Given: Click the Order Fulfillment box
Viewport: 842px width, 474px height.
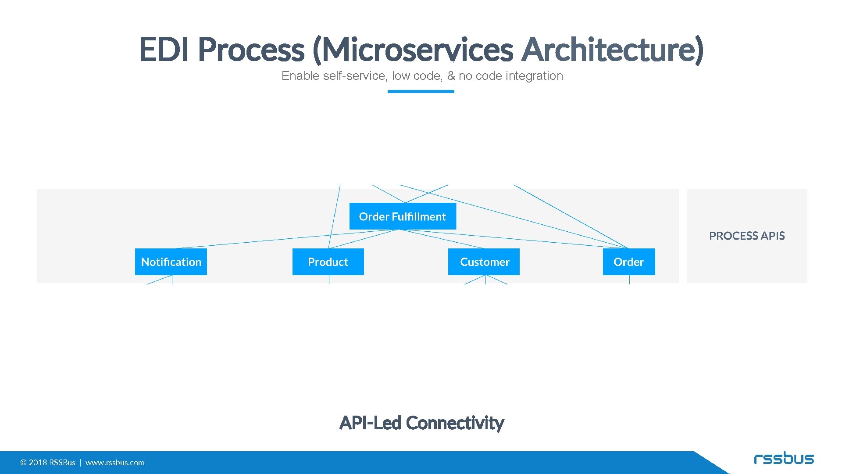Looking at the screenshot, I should coord(403,216).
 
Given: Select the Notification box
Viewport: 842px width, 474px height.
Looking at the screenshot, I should coord(171,262).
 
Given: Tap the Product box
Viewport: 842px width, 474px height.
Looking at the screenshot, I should coord(328,262).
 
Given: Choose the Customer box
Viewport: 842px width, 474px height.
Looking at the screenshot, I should coord(484,262).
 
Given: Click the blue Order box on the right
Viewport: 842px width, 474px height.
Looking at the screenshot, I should coord(628,262).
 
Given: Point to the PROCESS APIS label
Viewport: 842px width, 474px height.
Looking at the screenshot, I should coord(747,236).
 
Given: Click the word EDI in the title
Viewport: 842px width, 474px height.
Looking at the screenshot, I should coord(164,49).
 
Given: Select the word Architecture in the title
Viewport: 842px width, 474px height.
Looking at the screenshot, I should coord(613,49).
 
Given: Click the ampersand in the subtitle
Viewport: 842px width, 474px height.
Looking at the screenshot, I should coord(451,76).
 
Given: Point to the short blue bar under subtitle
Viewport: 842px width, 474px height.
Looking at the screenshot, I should coord(421,91).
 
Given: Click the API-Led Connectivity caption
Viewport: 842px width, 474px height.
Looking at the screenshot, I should coord(421,423).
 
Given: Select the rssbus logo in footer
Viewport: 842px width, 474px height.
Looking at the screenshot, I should coord(784,459).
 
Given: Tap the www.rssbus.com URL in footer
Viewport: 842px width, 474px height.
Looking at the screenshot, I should coord(115,463).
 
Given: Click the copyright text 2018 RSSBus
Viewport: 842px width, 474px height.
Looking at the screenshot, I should coord(48,463).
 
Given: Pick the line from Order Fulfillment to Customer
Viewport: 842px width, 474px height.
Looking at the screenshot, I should coord(443,239).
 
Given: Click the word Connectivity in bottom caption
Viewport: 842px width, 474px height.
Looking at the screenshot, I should coord(455,423).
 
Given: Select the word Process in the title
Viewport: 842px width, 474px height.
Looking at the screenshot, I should coord(251,49).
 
